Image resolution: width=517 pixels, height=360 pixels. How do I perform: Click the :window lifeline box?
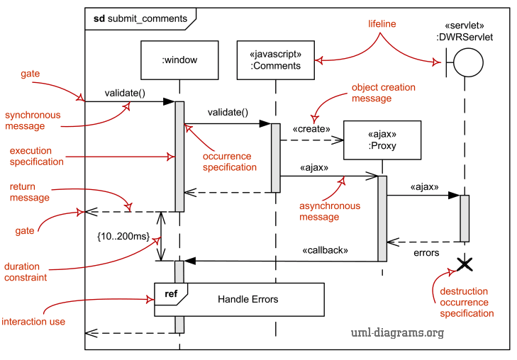click(x=179, y=60)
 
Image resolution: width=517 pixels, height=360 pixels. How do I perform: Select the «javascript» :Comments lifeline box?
click(x=275, y=60)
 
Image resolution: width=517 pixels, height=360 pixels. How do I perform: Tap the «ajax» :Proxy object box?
click(x=382, y=140)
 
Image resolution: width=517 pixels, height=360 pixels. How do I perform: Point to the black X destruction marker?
click(x=465, y=265)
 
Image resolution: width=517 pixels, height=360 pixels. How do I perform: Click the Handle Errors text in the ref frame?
click(x=248, y=299)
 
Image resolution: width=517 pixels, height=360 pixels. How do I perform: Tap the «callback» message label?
click(x=326, y=250)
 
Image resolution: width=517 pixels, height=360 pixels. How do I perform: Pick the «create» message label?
click(x=311, y=129)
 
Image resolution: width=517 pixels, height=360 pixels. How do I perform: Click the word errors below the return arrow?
click(x=426, y=252)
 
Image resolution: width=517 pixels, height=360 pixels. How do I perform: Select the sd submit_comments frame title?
click(x=140, y=18)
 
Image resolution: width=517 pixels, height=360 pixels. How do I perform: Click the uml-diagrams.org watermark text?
click(x=397, y=332)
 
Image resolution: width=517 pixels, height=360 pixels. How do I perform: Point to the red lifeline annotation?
click(x=382, y=24)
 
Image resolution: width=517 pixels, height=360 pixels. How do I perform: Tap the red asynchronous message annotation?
click(x=329, y=211)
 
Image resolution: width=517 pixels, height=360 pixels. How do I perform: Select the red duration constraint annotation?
click(x=26, y=272)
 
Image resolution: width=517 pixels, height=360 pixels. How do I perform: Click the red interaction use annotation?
click(x=33, y=322)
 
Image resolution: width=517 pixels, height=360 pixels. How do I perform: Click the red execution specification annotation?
click(x=36, y=156)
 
